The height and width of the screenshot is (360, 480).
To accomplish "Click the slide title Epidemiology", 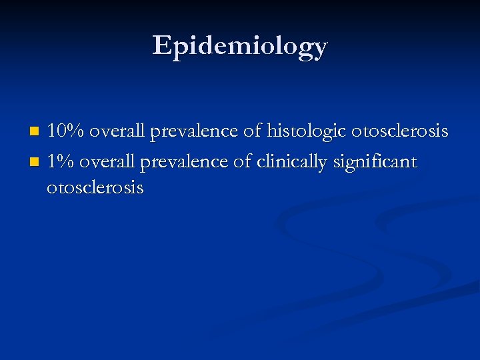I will (240, 46).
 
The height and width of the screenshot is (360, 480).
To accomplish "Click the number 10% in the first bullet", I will (65, 131).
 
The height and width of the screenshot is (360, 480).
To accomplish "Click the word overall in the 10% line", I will (117, 131).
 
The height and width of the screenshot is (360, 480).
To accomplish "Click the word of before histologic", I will (253, 131).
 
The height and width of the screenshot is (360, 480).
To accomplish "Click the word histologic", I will (307, 132).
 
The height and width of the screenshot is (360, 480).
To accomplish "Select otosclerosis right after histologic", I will (401, 131).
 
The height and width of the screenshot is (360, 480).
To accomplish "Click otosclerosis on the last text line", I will (95, 187).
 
